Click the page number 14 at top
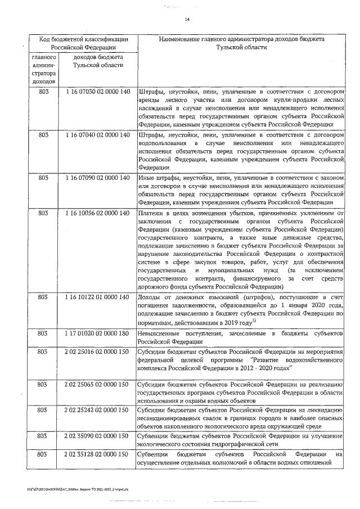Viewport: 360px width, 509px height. coord(187,20)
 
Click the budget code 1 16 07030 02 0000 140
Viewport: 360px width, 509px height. coord(98,91)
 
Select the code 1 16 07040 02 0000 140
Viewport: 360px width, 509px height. coord(98,135)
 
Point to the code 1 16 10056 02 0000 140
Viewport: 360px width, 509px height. coord(98,213)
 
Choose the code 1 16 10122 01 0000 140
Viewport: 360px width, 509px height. coord(98,296)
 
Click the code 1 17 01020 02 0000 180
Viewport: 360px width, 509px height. coord(98,333)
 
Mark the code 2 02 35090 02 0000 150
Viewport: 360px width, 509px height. coord(98,436)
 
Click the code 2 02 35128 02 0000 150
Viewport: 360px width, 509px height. coord(98,454)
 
